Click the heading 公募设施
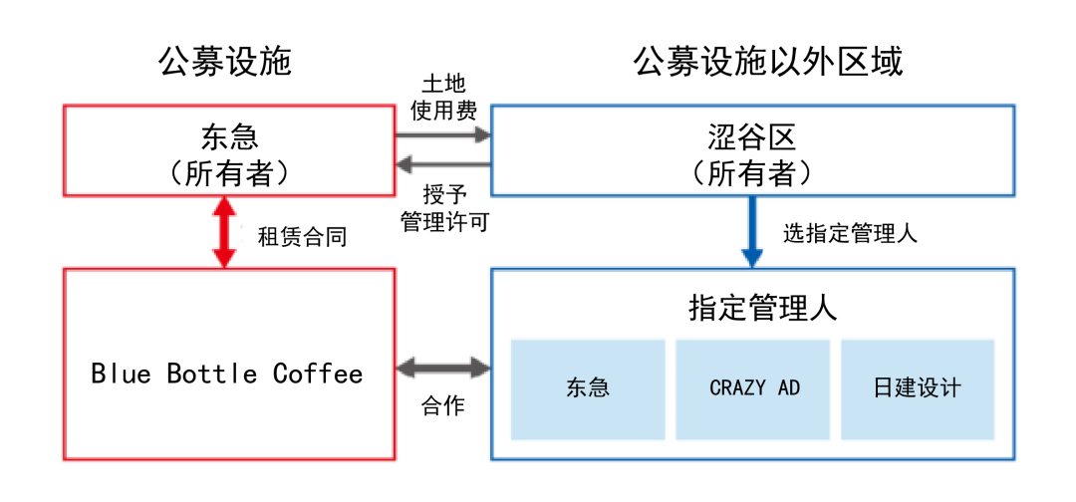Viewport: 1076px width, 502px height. coord(224,62)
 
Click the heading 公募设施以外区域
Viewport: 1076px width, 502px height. coord(768,62)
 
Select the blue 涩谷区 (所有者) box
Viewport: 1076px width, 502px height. coord(752,149)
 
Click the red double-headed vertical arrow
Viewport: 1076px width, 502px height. coord(225,232)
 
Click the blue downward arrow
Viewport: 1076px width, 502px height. coord(752,232)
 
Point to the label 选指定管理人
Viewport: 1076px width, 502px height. coord(850,234)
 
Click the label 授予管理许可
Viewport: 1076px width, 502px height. coord(443,207)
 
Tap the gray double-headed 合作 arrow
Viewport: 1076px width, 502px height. coord(443,369)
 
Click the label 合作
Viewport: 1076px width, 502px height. coord(443,406)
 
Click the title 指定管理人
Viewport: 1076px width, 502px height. coord(752,308)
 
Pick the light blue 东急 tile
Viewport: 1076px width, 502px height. coord(588,388)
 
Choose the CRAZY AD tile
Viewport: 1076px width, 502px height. coord(754,388)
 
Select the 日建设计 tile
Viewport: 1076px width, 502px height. coord(918,388)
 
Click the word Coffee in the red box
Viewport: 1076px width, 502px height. coord(318,374)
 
